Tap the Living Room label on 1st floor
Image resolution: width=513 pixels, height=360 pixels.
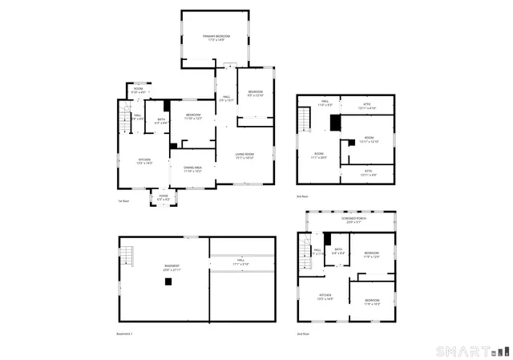[244, 156]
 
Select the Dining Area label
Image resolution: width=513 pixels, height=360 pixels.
[192, 169]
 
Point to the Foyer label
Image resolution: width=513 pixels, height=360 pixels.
[163, 197]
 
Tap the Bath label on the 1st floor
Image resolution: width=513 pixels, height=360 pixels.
[160, 121]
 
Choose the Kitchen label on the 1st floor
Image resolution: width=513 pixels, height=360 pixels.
[145, 161]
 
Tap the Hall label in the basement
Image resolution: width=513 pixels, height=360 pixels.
[240, 263]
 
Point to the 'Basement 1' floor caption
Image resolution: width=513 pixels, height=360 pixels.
[125, 334]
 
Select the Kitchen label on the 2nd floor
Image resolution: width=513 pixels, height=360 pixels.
[325, 297]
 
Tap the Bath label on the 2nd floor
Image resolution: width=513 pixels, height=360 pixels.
[338, 251]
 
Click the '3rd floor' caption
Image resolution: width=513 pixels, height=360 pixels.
[302, 196]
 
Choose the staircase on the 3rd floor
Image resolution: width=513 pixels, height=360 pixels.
[304, 121]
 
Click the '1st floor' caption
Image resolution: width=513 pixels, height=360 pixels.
[123, 200]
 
